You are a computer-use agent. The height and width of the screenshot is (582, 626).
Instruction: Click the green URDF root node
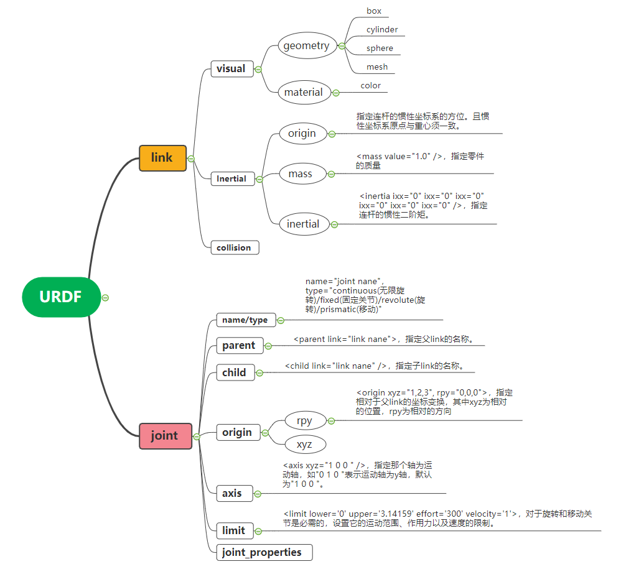(61, 297)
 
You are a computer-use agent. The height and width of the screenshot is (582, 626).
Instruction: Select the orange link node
(162, 158)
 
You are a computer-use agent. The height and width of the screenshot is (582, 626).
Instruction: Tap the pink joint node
(164, 436)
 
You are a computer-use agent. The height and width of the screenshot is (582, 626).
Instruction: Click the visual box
(231, 69)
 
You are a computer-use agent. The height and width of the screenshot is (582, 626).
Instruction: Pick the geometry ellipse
(307, 46)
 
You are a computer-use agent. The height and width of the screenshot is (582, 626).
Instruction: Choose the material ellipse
(303, 93)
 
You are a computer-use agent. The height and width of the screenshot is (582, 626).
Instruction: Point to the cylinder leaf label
(381, 30)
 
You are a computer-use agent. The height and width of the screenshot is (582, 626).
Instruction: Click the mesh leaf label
(376, 67)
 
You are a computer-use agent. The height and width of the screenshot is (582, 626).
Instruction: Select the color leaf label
(370, 86)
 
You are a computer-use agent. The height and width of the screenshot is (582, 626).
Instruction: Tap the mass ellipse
(300, 174)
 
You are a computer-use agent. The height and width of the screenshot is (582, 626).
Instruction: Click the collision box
(234, 247)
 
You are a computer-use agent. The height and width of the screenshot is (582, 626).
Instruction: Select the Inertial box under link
(231, 179)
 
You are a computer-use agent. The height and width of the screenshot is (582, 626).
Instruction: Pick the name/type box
(245, 320)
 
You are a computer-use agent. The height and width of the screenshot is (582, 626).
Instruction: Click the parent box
(238, 346)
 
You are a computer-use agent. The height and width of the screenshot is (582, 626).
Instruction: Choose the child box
(234, 373)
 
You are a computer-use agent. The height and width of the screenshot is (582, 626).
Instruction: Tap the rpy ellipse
(304, 421)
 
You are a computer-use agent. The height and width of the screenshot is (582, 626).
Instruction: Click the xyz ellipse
(304, 445)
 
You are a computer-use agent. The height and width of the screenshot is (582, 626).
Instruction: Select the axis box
(231, 494)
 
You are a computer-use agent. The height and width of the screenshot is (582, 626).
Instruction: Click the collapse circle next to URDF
(105, 298)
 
